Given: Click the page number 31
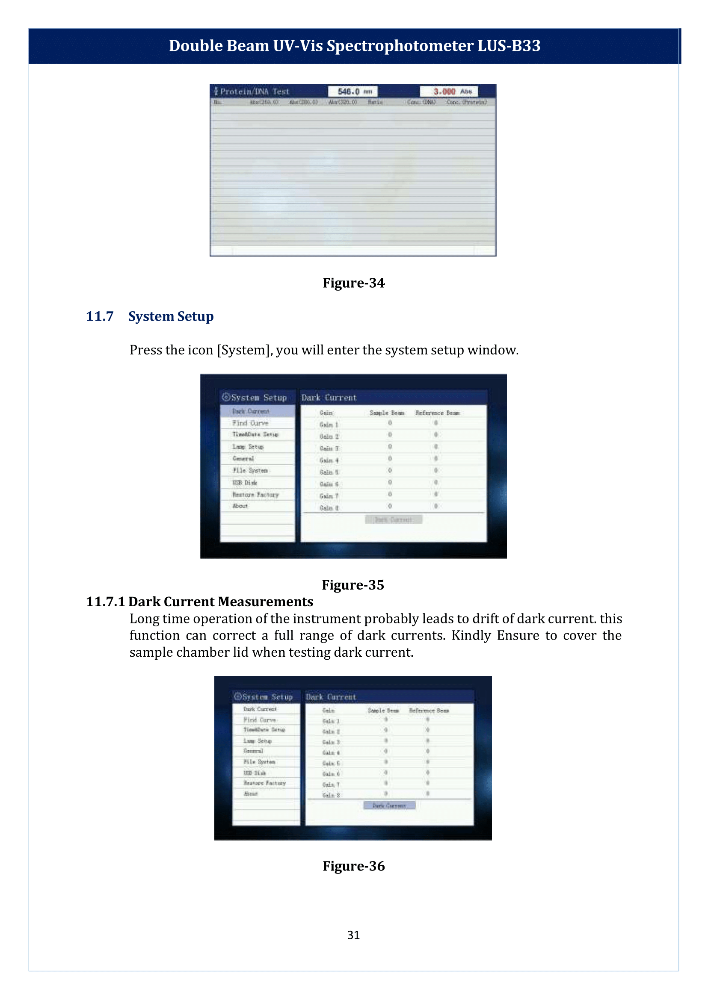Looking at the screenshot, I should pos(353,935).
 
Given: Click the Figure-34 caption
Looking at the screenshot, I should pos(353,283).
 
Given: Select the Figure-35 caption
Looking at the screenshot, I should pos(353,585).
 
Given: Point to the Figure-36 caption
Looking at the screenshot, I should pos(353,866).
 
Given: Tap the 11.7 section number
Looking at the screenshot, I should pos(99,316).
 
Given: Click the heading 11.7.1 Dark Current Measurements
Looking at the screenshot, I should pos(199,602).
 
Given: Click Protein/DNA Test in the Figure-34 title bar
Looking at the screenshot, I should pos(255,91).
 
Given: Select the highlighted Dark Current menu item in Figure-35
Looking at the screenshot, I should pos(251,411).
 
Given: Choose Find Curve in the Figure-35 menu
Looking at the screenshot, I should pos(250,423).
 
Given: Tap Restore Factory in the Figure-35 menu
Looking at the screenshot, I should pos(255,495).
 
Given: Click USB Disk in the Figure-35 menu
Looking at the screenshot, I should pos(245,483).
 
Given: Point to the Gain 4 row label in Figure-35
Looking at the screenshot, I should pos(329,460).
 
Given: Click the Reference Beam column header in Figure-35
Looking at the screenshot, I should pos(437,413).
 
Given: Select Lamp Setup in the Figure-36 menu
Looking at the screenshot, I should pos(258,741).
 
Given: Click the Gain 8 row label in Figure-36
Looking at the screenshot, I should pos(331,795).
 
